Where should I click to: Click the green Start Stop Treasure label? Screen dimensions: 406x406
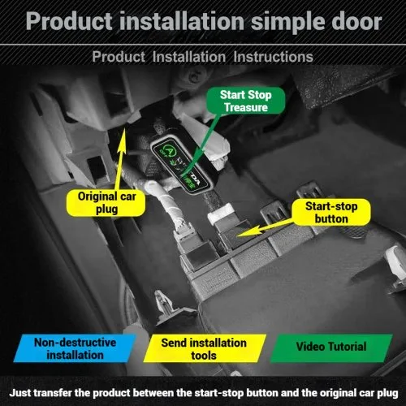246,101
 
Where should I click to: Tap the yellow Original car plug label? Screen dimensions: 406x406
106,203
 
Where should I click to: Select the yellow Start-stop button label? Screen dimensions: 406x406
331,212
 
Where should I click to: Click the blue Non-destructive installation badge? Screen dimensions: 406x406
75,348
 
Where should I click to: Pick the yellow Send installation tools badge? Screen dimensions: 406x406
205,348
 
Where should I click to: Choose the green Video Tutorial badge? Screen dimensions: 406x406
331,348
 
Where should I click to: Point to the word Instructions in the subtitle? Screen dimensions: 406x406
273,57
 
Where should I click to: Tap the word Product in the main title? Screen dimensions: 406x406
69,21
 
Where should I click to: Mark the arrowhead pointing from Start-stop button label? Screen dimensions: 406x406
245,233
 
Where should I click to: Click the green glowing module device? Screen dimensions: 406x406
181,164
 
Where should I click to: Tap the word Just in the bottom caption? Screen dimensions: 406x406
19,393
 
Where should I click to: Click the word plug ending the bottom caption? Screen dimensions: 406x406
387,393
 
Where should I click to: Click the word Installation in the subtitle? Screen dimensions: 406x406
189,57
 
